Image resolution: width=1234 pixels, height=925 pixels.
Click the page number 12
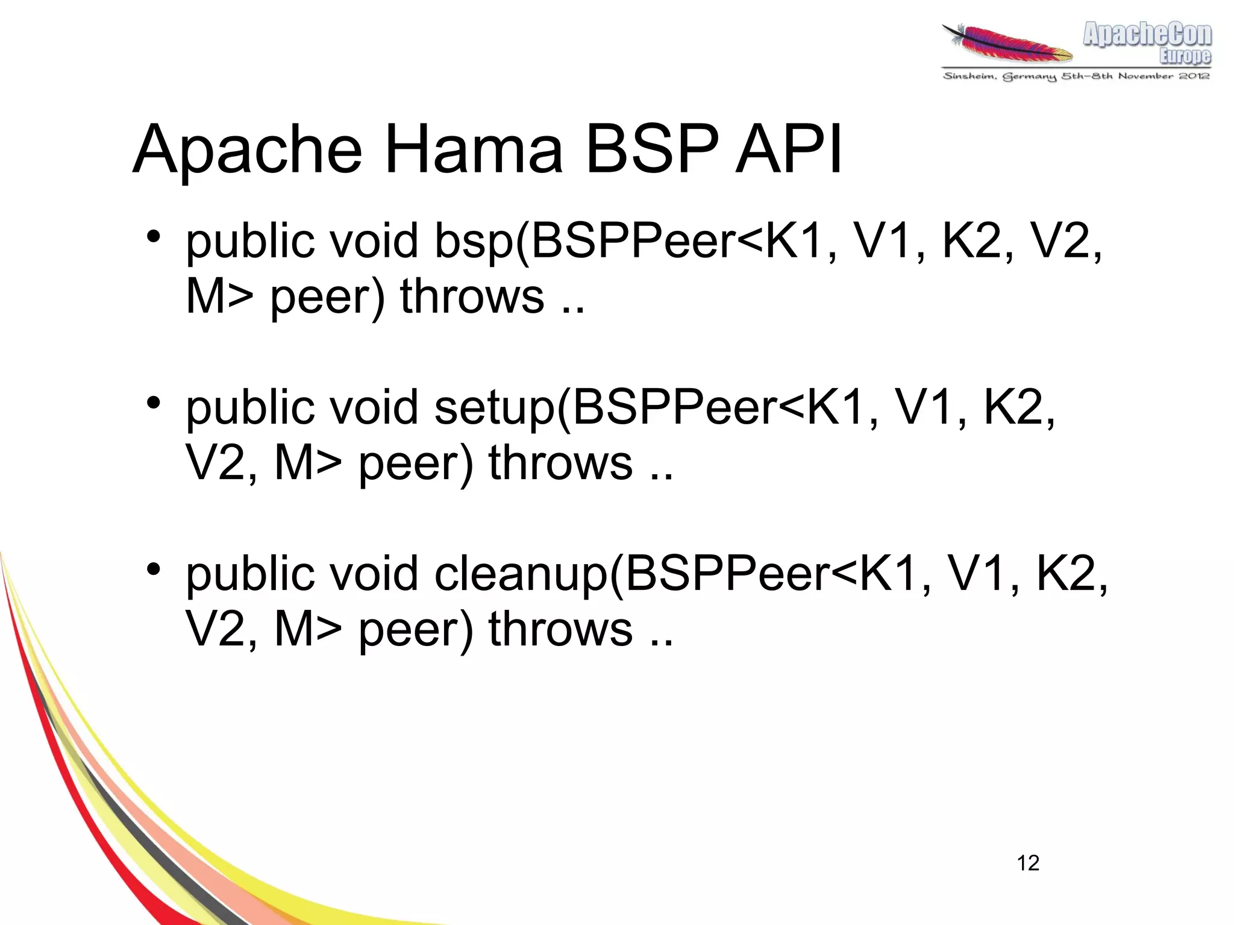pyautogui.click(x=1028, y=863)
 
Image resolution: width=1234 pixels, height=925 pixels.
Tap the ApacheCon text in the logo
pyautogui.click(x=1147, y=34)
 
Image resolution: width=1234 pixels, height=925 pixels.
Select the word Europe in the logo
pyautogui.click(x=1185, y=56)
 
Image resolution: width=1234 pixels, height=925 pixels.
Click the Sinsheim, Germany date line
pyautogui.click(x=1076, y=76)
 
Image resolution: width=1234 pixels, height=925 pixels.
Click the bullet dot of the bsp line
pyautogui.click(x=154, y=236)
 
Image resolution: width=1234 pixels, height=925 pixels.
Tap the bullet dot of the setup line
pyautogui.click(x=154, y=402)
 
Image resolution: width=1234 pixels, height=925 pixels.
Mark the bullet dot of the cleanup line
pyautogui.click(x=154, y=568)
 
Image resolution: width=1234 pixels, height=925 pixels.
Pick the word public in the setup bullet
pyautogui.click(x=251, y=408)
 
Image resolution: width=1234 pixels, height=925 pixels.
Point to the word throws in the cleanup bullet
pyautogui.click(x=560, y=629)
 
